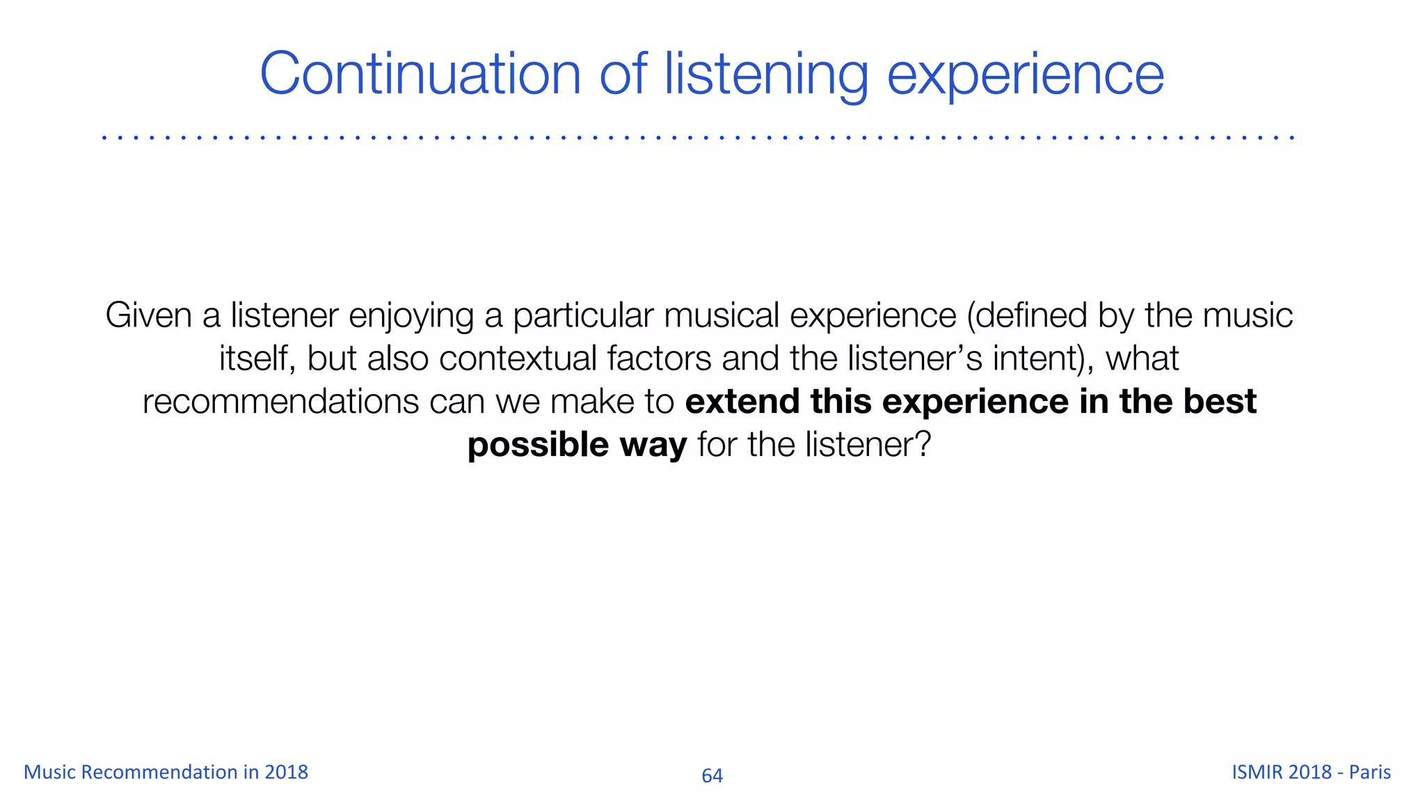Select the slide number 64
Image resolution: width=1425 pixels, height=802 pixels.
click(712, 776)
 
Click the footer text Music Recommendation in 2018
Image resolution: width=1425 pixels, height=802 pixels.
click(166, 772)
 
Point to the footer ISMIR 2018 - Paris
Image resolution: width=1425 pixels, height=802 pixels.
click(1311, 772)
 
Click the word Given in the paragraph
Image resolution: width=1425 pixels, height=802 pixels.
click(148, 315)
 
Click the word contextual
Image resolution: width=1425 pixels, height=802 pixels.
click(518, 359)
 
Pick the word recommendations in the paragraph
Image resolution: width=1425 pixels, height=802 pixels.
click(280, 402)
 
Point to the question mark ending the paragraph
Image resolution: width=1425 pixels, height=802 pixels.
click(923, 445)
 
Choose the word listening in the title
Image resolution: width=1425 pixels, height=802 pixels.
click(766, 75)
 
